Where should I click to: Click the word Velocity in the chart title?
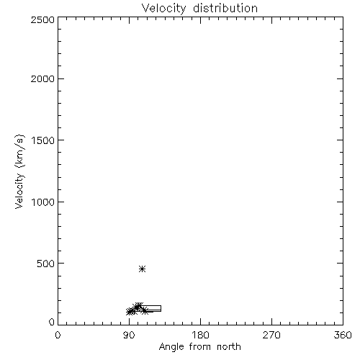(x=164, y=9)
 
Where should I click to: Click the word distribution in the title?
(x=225, y=8)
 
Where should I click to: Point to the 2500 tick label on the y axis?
(x=42, y=19)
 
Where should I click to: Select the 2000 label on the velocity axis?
(x=42, y=78)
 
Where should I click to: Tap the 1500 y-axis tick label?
(x=43, y=140)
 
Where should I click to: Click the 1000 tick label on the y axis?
(x=43, y=202)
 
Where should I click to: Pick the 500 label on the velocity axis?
(x=46, y=264)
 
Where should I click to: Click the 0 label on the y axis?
(x=52, y=322)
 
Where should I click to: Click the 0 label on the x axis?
(x=58, y=335)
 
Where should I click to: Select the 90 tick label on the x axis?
(x=129, y=335)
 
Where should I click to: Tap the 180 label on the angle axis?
(x=200, y=335)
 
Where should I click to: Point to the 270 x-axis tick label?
(x=271, y=335)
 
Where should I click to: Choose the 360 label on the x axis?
(x=343, y=335)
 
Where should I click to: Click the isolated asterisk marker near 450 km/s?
(x=143, y=269)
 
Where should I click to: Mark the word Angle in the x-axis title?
(x=171, y=347)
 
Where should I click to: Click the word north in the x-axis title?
(x=229, y=347)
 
